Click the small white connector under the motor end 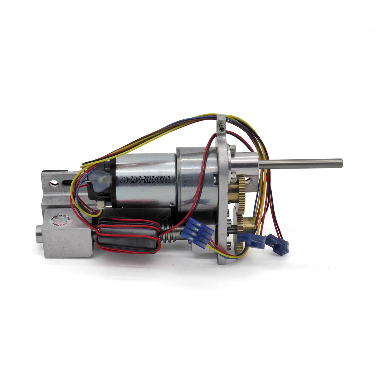[x=101, y=204]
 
